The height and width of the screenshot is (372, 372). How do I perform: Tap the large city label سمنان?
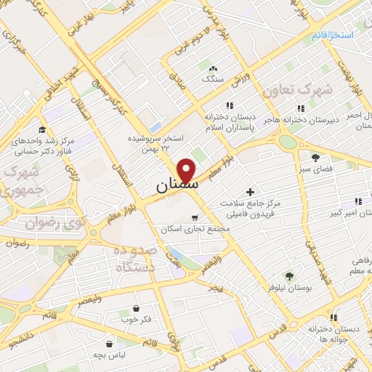pyautogui.click(x=176, y=187)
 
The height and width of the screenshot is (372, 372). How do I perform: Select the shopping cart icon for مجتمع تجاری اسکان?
pyautogui.click(x=194, y=217)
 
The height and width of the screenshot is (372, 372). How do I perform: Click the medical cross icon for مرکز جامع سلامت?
pyautogui.click(x=251, y=193)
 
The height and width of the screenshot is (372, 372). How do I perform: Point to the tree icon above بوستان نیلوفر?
pyautogui.click(x=289, y=276)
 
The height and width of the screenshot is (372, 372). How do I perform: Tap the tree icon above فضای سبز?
pyautogui.click(x=315, y=157)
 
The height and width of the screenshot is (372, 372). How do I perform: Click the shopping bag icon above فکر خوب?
pyautogui.click(x=137, y=307)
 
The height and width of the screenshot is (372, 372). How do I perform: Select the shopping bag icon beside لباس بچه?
pyautogui.click(x=109, y=344)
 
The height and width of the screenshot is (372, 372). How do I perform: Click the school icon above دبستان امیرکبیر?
pyautogui.click(x=357, y=202)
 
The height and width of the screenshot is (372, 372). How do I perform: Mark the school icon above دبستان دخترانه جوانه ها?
pyautogui.click(x=333, y=318)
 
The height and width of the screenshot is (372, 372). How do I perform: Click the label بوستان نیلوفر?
pyautogui.click(x=289, y=288)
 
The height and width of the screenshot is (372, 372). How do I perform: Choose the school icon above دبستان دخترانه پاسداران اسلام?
pyautogui.click(x=230, y=105)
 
